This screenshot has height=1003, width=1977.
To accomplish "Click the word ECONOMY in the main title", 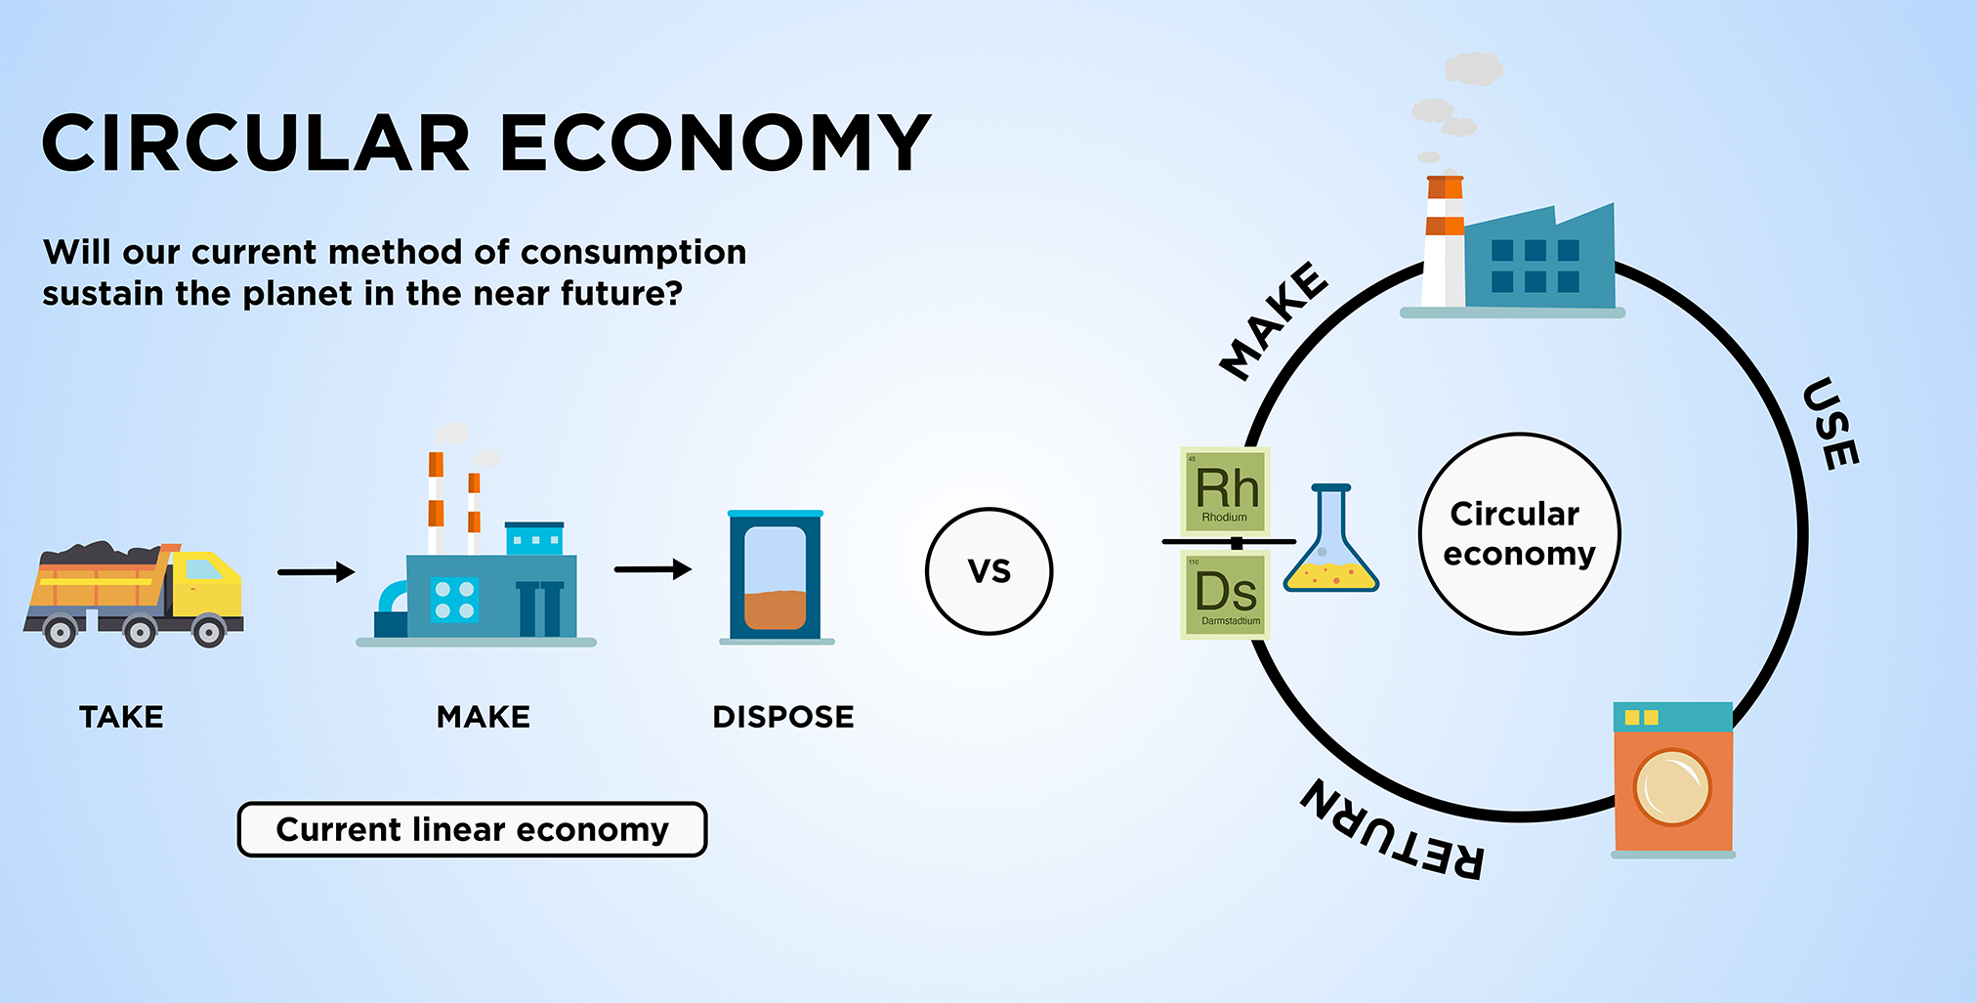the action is (x=715, y=143).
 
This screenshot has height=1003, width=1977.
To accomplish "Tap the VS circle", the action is (x=988, y=571).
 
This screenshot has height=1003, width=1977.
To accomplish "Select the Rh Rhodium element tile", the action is (x=1225, y=490).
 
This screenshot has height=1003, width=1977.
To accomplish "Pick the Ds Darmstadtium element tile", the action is (x=1225, y=594).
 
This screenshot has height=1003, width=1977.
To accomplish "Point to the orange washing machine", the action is (x=1673, y=779).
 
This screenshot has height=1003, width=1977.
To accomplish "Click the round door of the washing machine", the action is (x=1672, y=787).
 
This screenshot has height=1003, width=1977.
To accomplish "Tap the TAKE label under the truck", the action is (x=121, y=717).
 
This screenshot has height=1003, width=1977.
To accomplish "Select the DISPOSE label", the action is (x=783, y=717).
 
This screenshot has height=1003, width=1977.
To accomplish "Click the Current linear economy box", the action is (x=472, y=829).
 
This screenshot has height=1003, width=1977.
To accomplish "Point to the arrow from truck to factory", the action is (x=315, y=571).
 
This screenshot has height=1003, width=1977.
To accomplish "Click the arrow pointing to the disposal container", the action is (x=652, y=568).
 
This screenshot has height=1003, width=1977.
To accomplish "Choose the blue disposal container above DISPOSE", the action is (x=776, y=576).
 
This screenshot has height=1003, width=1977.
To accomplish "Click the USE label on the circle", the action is (x=1830, y=423).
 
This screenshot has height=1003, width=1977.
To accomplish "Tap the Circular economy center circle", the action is (x=1519, y=533).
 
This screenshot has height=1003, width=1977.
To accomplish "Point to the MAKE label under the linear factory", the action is (x=483, y=717).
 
